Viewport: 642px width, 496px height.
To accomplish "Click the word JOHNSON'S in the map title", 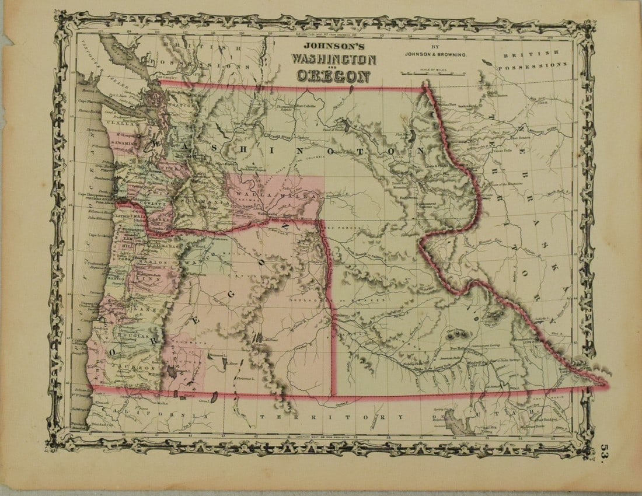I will [x=333, y=47].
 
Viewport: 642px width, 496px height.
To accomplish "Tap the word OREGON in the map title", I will [x=333, y=75].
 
